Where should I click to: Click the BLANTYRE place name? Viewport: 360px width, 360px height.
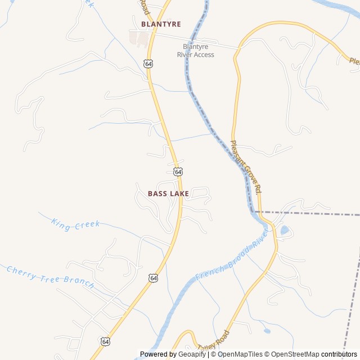[x=161, y=24]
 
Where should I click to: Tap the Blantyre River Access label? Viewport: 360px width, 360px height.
[x=196, y=51]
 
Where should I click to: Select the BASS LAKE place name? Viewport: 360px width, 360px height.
[x=168, y=193]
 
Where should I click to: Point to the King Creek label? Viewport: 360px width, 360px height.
[x=75, y=224]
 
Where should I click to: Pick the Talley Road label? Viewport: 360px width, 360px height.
[x=214, y=341]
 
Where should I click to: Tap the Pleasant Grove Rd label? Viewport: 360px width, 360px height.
[x=246, y=167]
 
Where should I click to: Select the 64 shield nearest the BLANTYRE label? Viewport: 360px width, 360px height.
[x=148, y=64]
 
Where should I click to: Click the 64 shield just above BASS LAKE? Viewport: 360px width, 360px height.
[x=178, y=171]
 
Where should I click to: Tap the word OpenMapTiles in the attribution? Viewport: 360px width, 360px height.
[x=241, y=354]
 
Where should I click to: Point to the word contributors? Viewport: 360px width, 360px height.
[x=339, y=354]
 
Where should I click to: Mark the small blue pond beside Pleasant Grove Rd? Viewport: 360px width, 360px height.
[x=285, y=230]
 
